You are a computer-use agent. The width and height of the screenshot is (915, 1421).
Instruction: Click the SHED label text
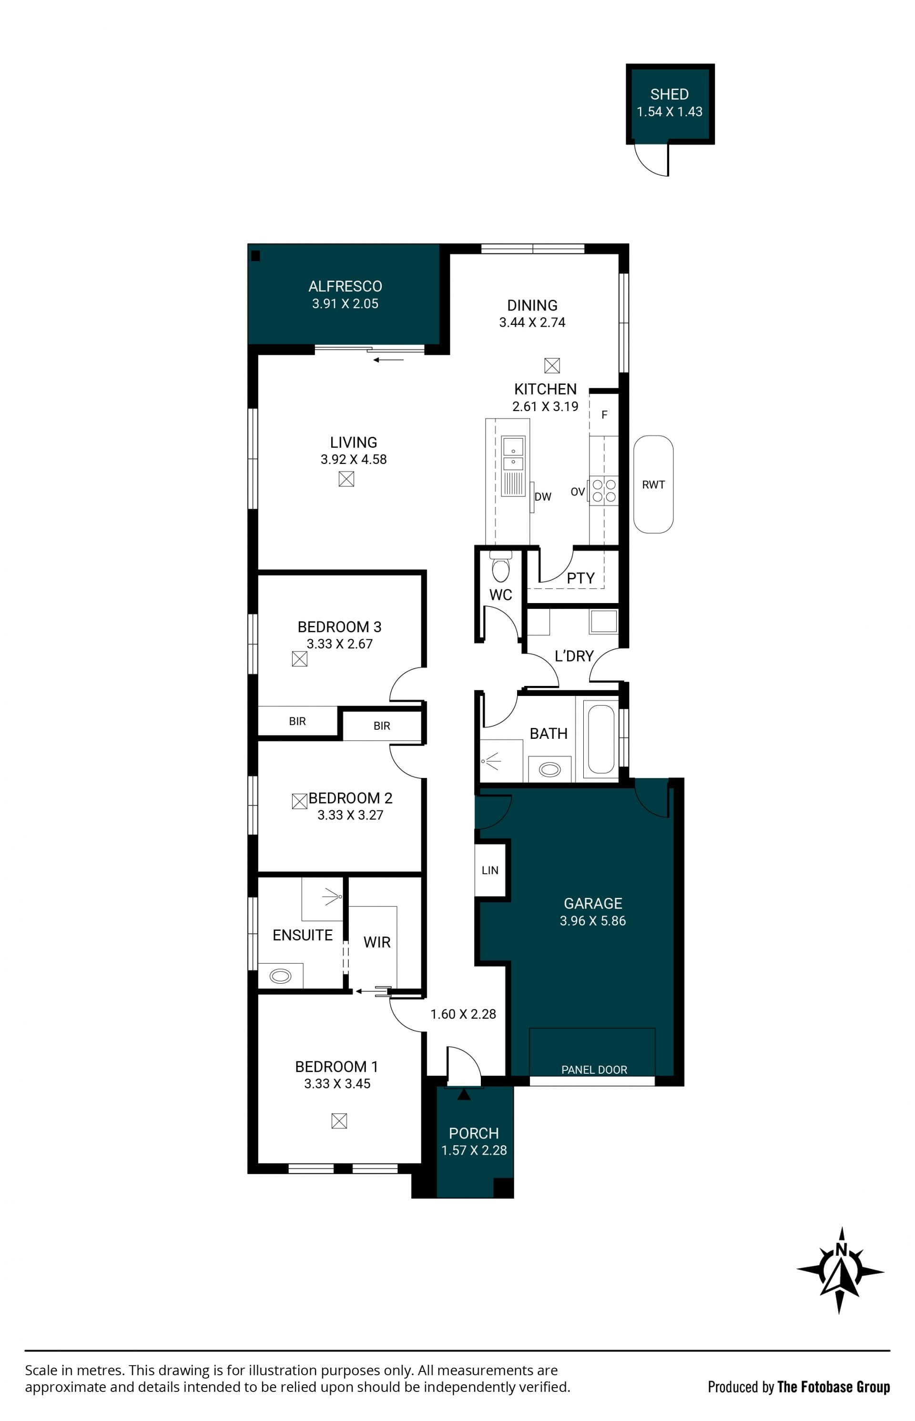(669, 94)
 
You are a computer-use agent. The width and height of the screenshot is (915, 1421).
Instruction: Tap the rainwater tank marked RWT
(653, 484)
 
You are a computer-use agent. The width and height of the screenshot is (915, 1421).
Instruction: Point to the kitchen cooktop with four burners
(604, 491)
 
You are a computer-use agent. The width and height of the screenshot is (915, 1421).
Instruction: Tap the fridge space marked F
(604, 414)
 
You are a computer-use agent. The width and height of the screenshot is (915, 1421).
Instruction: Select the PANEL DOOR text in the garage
(594, 1069)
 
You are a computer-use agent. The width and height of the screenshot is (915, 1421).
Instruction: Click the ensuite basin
(280, 975)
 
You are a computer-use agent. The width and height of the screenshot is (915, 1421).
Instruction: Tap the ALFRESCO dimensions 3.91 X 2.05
(345, 303)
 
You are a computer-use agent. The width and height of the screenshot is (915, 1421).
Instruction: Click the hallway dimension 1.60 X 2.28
(463, 1014)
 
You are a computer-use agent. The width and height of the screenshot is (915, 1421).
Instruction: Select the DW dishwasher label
(542, 496)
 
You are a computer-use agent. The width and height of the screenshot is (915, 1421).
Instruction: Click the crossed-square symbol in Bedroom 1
(339, 1120)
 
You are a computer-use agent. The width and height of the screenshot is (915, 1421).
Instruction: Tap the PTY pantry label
(580, 578)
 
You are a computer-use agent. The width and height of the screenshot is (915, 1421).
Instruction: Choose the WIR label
(376, 942)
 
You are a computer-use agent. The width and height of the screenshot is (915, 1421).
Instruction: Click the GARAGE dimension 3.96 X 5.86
(592, 920)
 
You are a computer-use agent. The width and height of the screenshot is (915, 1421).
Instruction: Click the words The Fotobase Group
(834, 1387)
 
